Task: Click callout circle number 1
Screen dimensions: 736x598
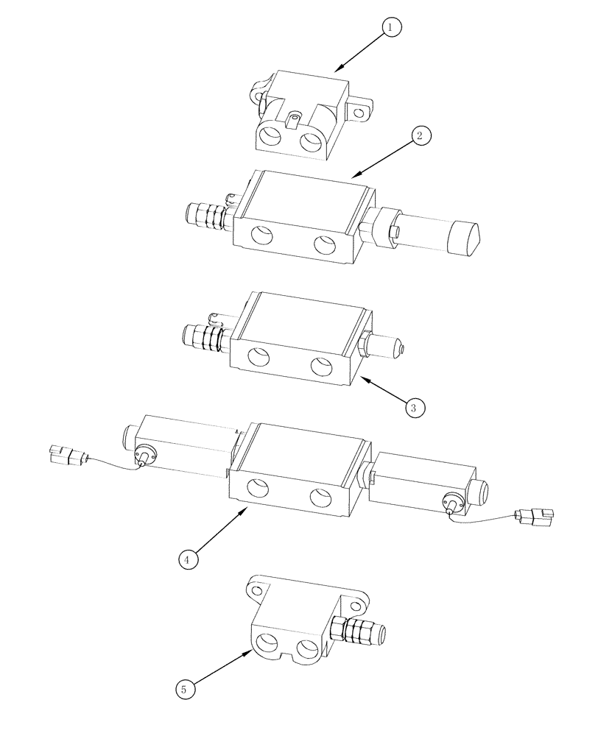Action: click(x=390, y=28)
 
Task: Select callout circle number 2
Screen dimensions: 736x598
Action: click(x=420, y=136)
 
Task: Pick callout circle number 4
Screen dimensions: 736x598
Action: click(x=188, y=559)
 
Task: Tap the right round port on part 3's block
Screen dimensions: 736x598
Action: click(x=321, y=365)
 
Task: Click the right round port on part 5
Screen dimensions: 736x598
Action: click(x=306, y=648)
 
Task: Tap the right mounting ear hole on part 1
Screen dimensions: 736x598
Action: click(x=359, y=113)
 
